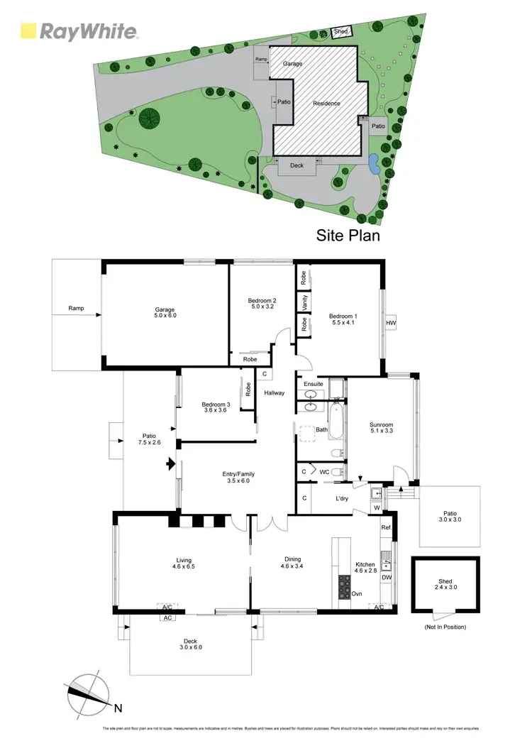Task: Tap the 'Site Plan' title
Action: [348, 235]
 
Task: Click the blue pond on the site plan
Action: [373, 163]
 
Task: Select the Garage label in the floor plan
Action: [165, 313]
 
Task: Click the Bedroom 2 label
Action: [262, 304]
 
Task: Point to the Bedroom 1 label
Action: [343, 319]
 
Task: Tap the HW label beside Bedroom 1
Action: [390, 323]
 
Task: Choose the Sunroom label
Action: [381, 429]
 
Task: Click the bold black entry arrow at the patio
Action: [170, 465]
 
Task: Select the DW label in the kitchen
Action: [387, 578]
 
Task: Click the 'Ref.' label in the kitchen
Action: [386, 527]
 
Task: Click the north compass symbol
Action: [89, 696]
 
